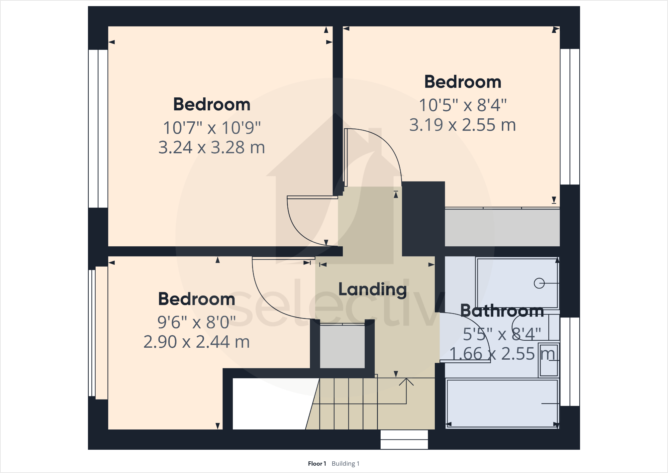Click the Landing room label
[372, 289]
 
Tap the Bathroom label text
[502, 311]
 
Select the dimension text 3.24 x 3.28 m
[212, 148]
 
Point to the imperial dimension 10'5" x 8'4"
[463, 105]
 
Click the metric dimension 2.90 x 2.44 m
[197, 342]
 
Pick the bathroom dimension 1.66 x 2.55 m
[502, 354]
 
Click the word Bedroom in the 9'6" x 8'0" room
[197, 299]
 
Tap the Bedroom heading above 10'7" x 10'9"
[212, 104]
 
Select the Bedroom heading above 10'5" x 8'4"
[463, 82]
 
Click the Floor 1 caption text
[317, 464]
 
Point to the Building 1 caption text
[345, 464]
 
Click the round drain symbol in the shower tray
[539, 283]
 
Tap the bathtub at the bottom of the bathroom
[502, 403]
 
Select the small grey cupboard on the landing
[342, 347]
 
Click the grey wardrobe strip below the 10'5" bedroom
[502, 228]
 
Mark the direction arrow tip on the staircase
[406, 379]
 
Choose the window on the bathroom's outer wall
[570, 362]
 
